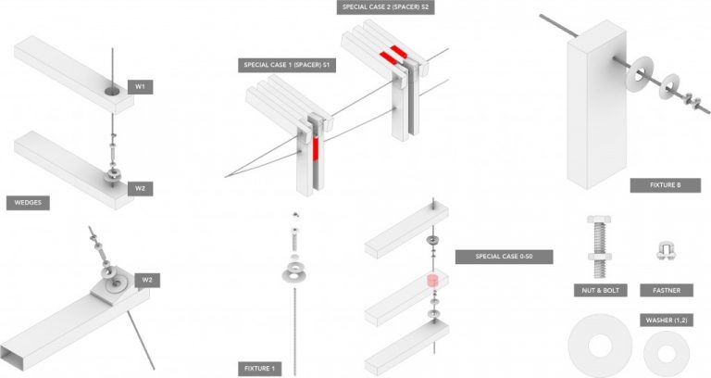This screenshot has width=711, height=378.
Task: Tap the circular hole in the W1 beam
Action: [112, 91]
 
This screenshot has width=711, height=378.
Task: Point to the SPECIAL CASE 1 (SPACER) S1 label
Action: [288, 65]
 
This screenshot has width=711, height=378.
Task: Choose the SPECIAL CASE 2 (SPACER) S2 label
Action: [386, 7]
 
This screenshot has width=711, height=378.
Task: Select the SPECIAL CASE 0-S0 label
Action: [504, 257]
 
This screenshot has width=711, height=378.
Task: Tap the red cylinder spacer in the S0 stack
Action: [431, 282]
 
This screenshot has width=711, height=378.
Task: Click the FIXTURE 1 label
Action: [259, 369]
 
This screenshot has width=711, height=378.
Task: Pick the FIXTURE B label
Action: [659, 185]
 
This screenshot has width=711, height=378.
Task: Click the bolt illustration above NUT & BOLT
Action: [596, 245]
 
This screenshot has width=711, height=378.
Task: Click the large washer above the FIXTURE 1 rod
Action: [295, 272]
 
